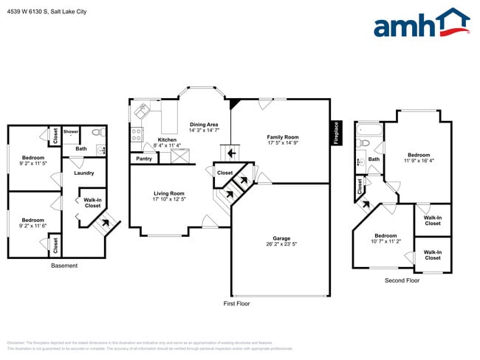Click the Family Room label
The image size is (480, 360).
point(282,137)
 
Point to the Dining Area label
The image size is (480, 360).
point(203,125)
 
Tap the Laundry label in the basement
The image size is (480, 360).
point(83,173)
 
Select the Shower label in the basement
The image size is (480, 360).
point(71,132)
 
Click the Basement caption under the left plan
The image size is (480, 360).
point(64,266)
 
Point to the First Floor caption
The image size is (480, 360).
point(236,303)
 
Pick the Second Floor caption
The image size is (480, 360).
point(402,280)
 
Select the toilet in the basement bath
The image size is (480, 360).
point(97,133)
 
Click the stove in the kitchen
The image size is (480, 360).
point(136,135)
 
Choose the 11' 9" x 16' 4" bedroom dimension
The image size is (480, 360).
point(419,160)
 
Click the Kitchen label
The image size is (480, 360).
point(167,140)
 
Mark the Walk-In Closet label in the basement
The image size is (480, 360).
point(92,202)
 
